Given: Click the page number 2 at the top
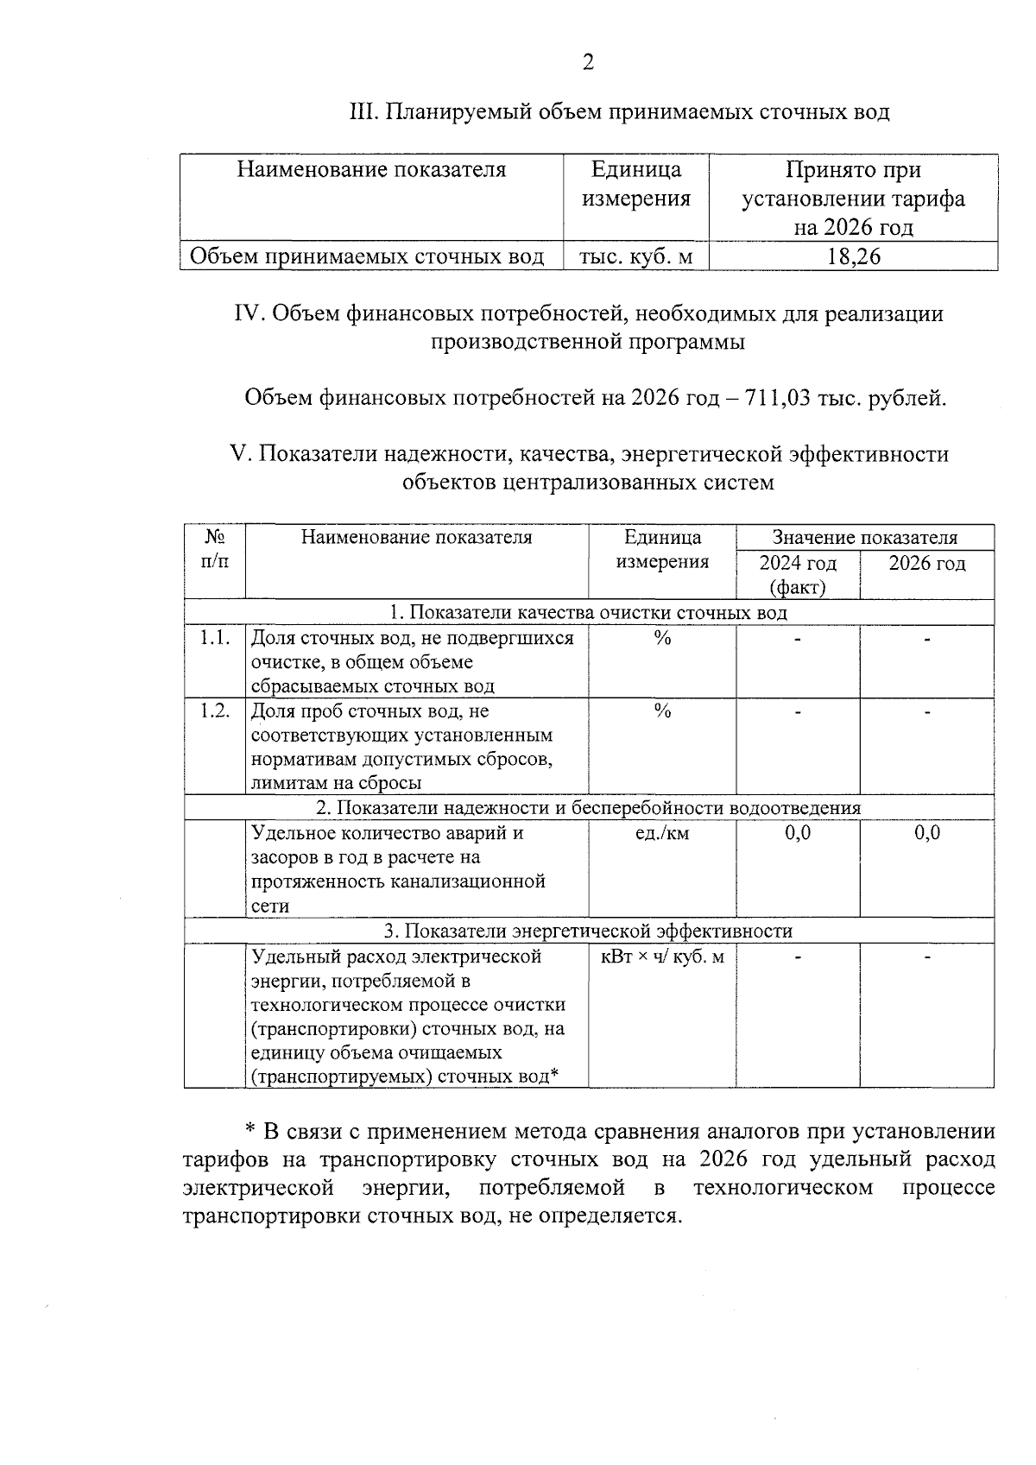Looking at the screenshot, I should [588, 63].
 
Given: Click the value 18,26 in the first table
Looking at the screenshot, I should [853, 257].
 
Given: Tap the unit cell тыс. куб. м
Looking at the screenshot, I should [635, 257].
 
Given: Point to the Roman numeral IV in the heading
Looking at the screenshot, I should [250, 313].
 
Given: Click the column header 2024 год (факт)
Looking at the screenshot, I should [797, 575].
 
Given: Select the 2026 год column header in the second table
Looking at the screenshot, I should [926, 564].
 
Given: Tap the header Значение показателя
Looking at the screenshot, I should [864, 538].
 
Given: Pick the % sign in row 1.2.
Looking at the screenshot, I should [662, 711].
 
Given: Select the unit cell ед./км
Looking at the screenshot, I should [662, 834].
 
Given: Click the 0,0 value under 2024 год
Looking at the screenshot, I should [798, 833].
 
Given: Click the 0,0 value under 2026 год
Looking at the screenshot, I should [927, 833].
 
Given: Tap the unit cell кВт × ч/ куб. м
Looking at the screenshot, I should [662, 957].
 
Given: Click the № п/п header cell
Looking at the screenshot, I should [215, 550].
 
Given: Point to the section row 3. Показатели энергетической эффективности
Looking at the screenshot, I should [588, 931].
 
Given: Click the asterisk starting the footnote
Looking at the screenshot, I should [250, 1130].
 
